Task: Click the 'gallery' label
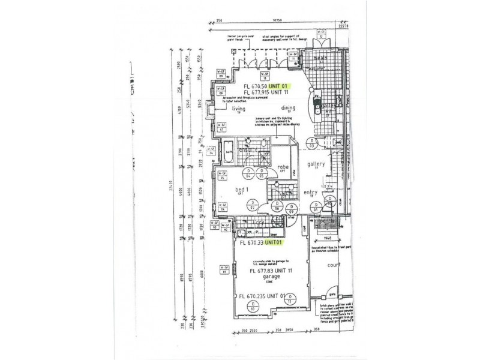316,164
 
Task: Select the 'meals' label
311,58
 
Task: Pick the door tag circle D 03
311,144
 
